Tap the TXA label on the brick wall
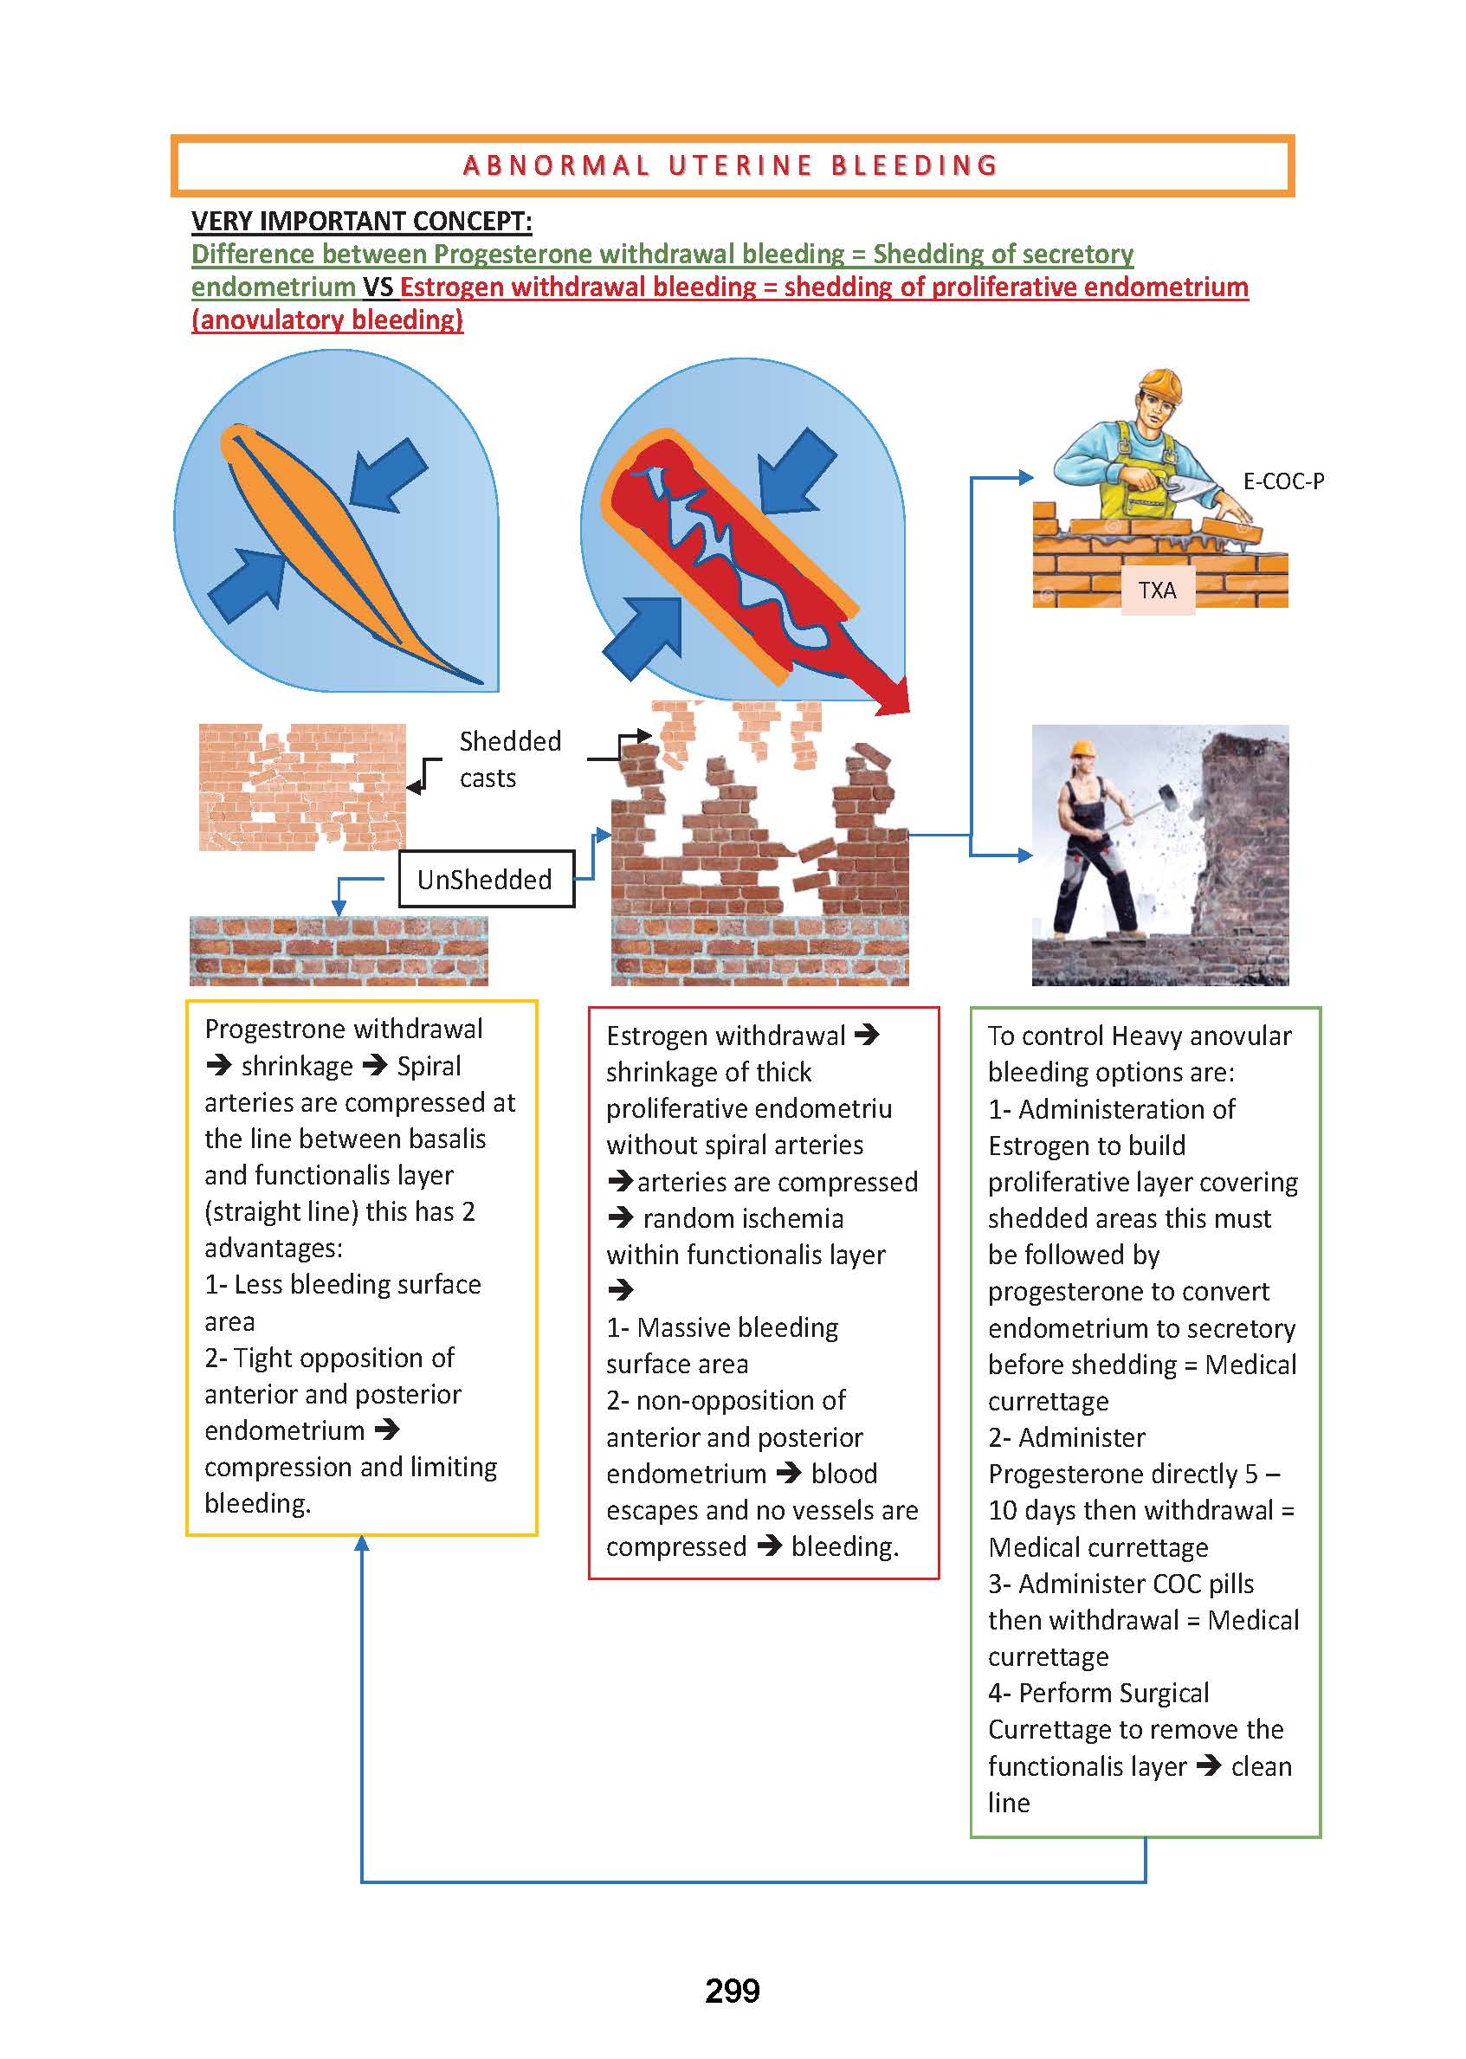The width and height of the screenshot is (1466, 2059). click(1157, 591)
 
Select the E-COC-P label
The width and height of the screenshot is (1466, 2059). click(1283, 481)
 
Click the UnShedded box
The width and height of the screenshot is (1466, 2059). click(487, 878)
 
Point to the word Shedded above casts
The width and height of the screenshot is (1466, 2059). click(510, 741)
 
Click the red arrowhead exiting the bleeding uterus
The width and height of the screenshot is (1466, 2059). click(893, 697)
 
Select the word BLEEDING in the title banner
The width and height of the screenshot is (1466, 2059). click(914, 166)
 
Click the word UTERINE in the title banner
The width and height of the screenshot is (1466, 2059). click(741, 166)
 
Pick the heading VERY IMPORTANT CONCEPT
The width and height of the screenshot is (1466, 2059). click(361, 221)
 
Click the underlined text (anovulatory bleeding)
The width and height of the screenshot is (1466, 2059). click(327, 319)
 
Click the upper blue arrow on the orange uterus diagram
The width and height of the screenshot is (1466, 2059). click(388, 475)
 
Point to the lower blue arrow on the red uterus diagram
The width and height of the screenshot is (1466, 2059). click(642, 638)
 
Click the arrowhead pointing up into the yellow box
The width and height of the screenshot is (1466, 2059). click(362, 1545)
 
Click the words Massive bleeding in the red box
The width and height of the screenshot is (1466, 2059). click(738, 1328)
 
